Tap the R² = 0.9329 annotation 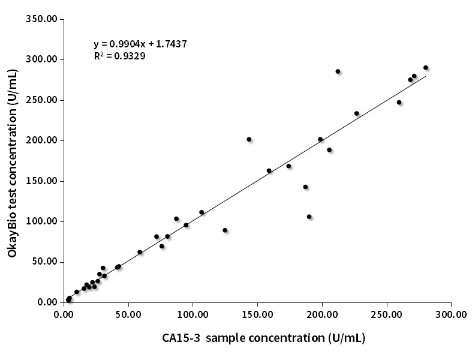[x=119, y=56]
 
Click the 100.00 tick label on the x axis [x=193, y=314]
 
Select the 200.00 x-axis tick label [x=322, y=314]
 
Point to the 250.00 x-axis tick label [x=387, y=314]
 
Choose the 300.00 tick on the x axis [x=451, y=314]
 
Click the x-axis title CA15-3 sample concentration [x=263, y=338]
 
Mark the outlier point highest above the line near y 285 [x=338, y=71]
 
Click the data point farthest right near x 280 [x=426, y=68]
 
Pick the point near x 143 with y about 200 [x=249, y=139]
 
